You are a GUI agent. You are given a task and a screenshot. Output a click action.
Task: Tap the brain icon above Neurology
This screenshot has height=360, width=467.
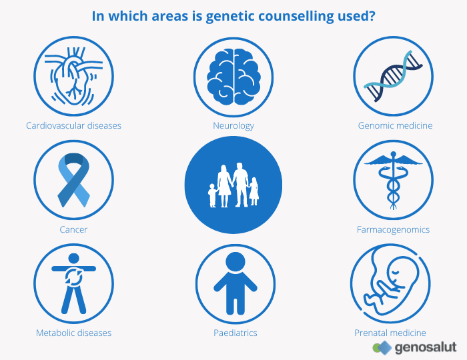(233, 75)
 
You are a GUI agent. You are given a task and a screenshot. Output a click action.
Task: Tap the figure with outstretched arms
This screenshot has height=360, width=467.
(73, 283)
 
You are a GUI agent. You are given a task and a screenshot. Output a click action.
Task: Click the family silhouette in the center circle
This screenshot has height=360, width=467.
(233, 185)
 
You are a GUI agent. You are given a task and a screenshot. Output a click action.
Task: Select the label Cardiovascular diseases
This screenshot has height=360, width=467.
(73, 125)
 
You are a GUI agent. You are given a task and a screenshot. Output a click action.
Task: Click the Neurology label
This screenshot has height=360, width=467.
(233, 125)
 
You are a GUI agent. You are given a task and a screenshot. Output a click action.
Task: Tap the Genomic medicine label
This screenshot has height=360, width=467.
(395, 125)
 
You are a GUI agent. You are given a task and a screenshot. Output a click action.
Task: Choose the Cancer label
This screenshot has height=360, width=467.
(73, 229)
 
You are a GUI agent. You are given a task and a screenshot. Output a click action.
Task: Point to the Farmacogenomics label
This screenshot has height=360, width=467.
(393, 229)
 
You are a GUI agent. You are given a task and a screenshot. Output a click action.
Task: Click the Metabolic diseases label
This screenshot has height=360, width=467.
(73, 333)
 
